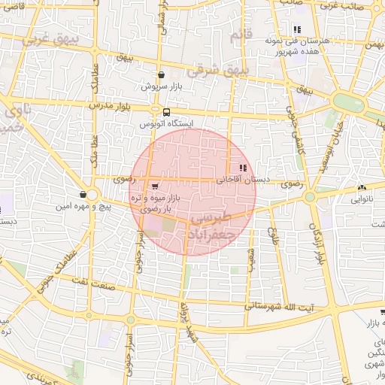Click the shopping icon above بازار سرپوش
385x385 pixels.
tap(162, 75)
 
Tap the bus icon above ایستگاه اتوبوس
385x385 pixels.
tap(156, 112)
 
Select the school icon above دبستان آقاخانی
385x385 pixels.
tap(242, 168)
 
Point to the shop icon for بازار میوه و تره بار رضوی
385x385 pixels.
tap(155, 185)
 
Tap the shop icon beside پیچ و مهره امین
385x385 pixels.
tap(82, 195)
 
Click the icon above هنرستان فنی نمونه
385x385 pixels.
tap(297, 29)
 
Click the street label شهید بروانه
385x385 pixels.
tap(183, 323)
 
